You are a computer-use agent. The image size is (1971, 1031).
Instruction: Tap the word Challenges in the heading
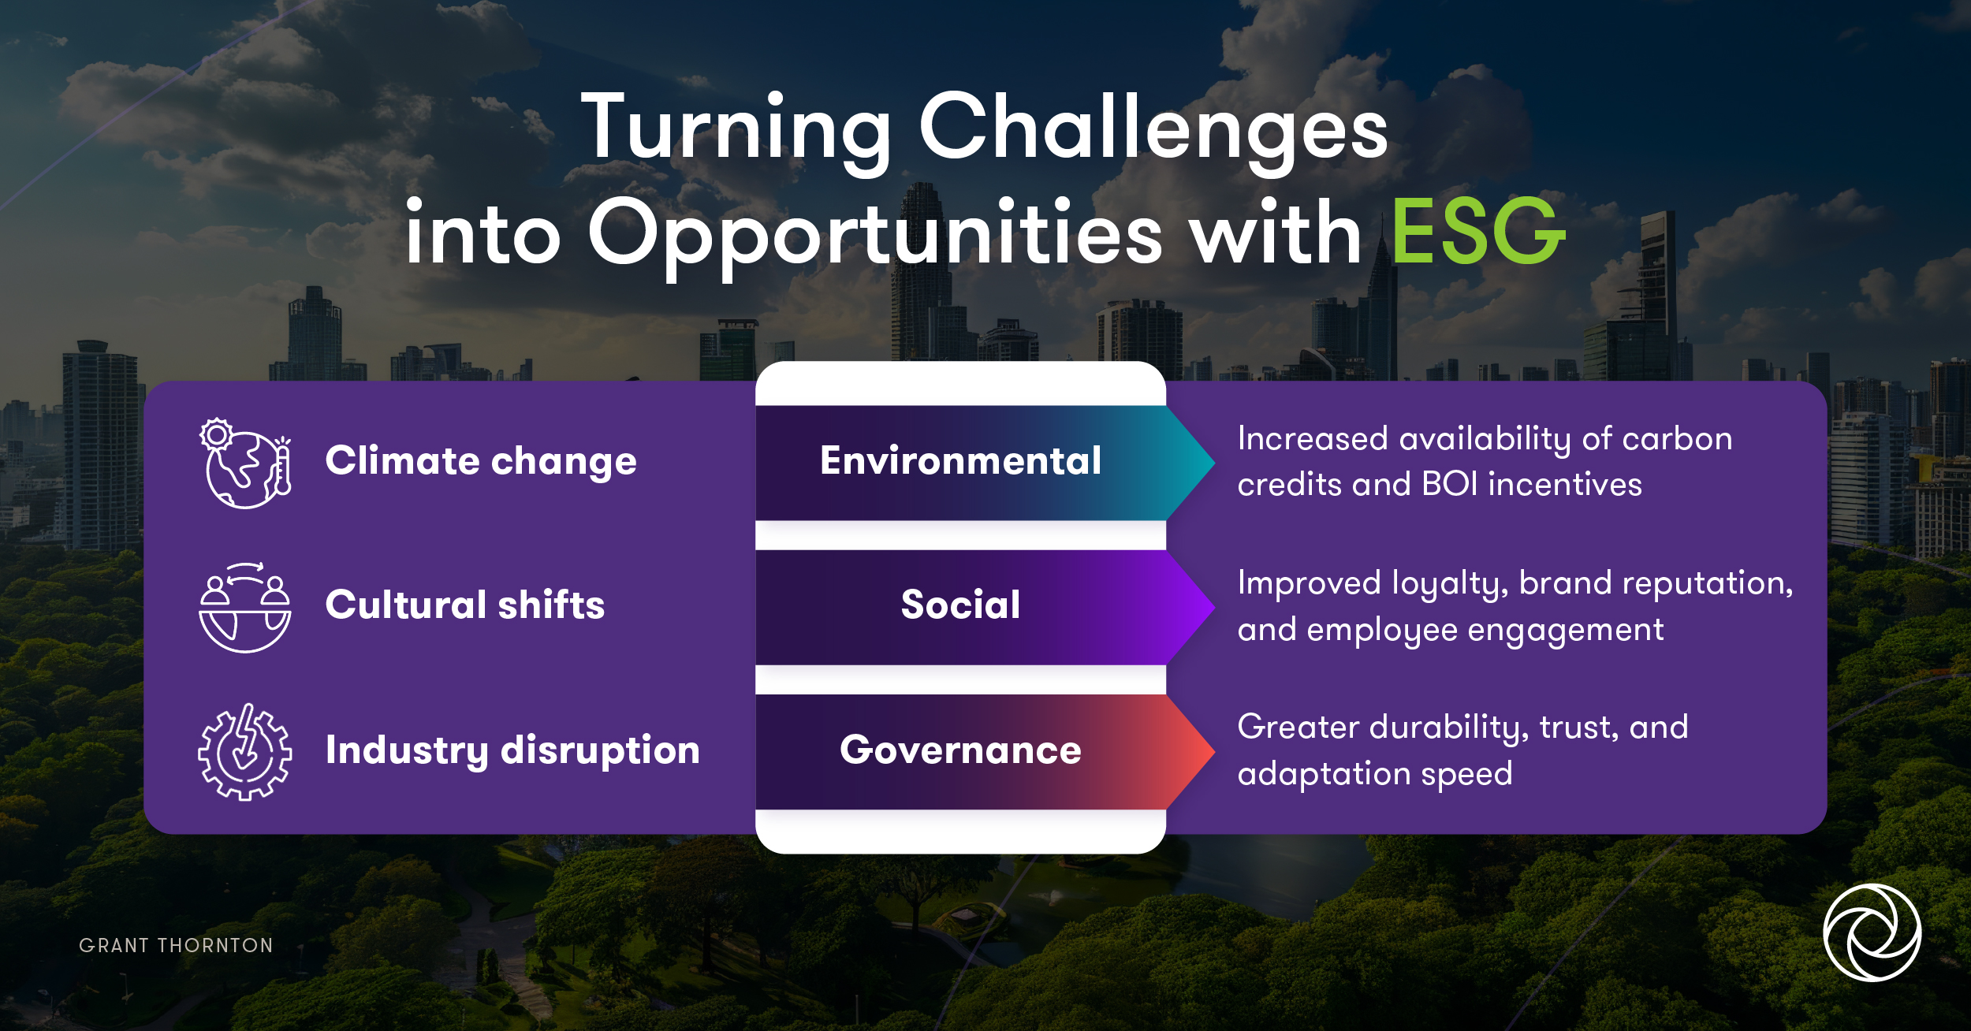click(x=1153, y=130)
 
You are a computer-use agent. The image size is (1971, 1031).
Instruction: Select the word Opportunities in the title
click(x=875, y=236)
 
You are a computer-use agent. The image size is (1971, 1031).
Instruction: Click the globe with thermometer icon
click(x=245, y=463)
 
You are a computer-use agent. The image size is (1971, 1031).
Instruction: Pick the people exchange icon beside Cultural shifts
click(x=245, y=608)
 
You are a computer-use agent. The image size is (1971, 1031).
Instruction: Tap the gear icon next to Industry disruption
click(x=245, y=752)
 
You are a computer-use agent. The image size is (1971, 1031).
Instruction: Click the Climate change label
click(x=481, y=461)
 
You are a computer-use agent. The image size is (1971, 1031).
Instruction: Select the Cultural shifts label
click(x=465, y=605)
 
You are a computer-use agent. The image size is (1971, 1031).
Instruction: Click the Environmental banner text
click(x=960, y=461)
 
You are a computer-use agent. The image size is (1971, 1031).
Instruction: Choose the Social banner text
click(x=960, y=605)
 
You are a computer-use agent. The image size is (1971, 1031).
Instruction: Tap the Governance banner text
click(x=960, y=750)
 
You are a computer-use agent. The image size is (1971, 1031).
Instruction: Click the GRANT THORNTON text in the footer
click(x=176, y=946)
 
